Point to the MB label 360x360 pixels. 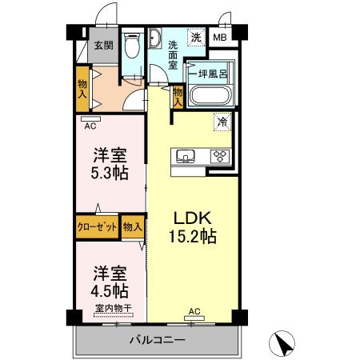coord(219,37)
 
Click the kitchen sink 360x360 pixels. coord(185,156)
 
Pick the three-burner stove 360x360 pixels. coord(219,156)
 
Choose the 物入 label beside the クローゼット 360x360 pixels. coord(133,227)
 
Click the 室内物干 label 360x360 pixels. coord(112,309)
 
